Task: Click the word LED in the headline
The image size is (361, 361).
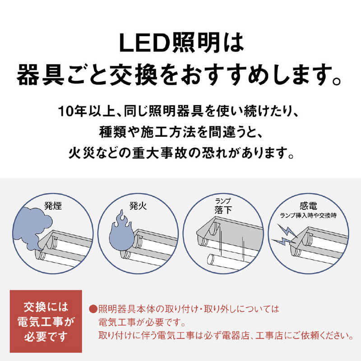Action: [x=144, y=43]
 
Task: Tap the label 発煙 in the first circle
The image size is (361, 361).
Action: [x=53, y=206]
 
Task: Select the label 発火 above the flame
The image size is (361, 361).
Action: [x=138, y=206]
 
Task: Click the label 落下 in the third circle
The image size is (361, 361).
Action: [x=223, y=210]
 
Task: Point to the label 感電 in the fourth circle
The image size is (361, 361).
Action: [x=308, y=206]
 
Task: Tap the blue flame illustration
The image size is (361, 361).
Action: [x=121, y=232]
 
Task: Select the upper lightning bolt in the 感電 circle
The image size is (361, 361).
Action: [x=288, y=231]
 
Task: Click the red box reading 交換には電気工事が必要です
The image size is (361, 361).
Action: [x=46, y=321]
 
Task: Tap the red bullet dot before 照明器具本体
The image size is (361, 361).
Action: [x=93, y=309]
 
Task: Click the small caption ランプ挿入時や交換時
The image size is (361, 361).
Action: [x=308, y=216]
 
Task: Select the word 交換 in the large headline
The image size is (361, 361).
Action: [x=134, y=75]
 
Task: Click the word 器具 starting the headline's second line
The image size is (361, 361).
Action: [x=41, y=75]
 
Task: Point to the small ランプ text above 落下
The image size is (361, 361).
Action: [x=223, y=201]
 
